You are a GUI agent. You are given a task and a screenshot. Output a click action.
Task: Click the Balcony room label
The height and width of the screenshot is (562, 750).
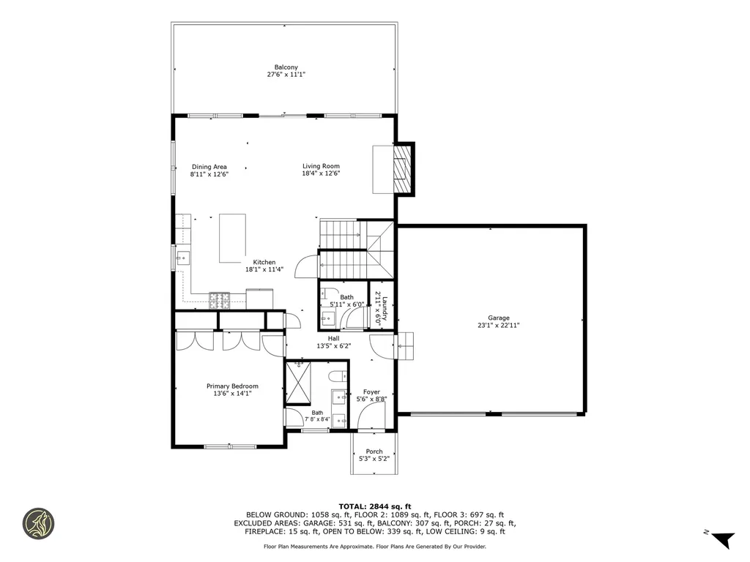click(x=286, y=67)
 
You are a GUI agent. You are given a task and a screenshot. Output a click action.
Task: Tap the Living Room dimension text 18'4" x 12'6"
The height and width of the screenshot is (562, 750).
click(x=321, y=174)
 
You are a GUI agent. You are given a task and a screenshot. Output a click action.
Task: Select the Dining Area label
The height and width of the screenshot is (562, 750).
click(x=209, y=167)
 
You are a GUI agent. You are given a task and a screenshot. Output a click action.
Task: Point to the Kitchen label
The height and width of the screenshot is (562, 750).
click(x=264, y=262)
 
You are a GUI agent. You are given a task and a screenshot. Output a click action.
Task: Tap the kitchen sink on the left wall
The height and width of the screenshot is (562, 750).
click(x=182, y=257)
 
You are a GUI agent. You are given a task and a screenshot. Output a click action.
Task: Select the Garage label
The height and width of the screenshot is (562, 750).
click(x=499, y=318)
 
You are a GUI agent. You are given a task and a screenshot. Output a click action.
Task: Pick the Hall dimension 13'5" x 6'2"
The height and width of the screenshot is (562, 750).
click(x=333, y=346)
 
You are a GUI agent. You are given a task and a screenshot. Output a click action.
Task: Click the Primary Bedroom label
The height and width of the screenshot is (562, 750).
click(x=232, y=386)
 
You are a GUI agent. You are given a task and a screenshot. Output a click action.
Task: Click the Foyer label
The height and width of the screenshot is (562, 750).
click(x=371, y=392)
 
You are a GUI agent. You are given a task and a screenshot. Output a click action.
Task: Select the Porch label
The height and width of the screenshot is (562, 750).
click(x=374, y=452)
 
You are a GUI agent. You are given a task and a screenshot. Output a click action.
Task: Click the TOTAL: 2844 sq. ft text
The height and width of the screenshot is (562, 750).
click(x=374, y=506)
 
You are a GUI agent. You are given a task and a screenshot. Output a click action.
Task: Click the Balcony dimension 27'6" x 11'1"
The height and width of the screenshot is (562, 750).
click(x=286, y=75)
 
